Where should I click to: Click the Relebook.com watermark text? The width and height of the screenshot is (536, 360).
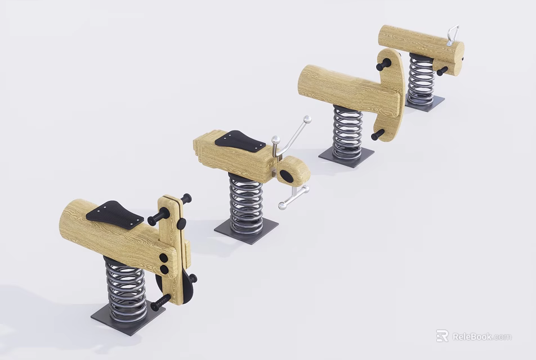[481, 337]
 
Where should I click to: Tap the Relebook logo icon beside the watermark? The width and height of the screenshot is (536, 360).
[443, 336]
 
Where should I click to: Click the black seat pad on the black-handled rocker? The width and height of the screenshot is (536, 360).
[115, 214]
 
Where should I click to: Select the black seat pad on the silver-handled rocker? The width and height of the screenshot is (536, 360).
[239, 141]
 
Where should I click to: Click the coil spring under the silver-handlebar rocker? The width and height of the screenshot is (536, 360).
[246, 202]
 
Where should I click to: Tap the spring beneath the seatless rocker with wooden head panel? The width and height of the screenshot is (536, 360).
[347, 133]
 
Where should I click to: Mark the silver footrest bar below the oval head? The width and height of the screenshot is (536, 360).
[293, 197]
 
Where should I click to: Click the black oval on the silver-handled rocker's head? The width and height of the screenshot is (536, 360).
[287, 176]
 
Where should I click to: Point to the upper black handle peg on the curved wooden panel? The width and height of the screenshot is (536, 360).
[383, 65]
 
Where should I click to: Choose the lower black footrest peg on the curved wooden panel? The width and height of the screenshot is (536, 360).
[377, 135]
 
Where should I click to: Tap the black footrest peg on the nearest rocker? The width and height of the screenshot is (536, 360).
[160, 303]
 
